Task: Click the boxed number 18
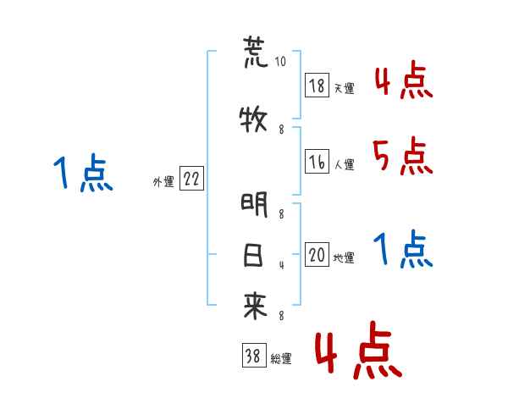[317, 86]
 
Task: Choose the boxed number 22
[191, 180]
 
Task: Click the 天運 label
[344, 87]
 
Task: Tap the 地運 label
[344, 258]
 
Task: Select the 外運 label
[163, 181]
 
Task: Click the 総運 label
[281, 359]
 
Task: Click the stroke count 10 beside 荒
[281, 62]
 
